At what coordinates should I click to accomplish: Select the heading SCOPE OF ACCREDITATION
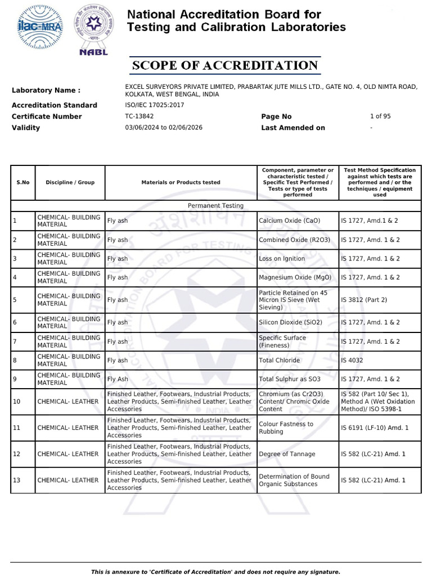(225, 66)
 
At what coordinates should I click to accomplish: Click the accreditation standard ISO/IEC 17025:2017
(154, 105)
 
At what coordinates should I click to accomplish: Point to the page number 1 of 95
(380, 116)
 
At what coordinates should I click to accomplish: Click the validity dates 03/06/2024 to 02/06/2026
(164, 128)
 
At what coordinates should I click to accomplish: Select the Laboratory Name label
(46, 91)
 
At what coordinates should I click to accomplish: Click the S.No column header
(23, 183)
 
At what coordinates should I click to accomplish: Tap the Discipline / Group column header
(70, 183)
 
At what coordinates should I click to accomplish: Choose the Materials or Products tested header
(181, 183)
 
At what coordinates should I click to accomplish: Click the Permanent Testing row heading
(215, 206)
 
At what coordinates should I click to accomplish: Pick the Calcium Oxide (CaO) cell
(289, 221)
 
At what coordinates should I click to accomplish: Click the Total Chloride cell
(280, 361)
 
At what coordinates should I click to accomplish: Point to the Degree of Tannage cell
(287, 454)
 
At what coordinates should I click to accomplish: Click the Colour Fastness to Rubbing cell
(286, 428)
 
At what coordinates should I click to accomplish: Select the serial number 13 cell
(17, 480)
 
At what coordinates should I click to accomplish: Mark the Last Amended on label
(293, 128)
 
